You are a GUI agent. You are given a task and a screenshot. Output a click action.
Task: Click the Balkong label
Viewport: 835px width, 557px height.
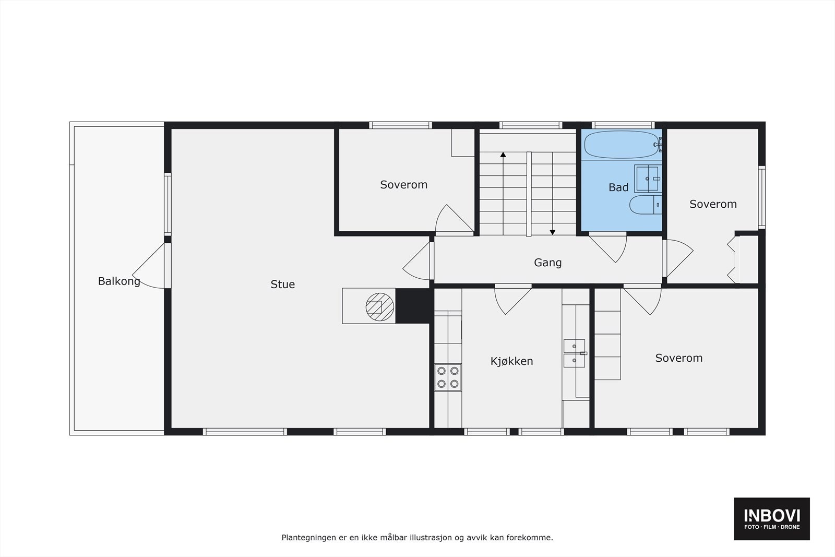tap(119, 281)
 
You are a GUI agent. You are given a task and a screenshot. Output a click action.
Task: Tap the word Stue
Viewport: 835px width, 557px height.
tap(282, 285)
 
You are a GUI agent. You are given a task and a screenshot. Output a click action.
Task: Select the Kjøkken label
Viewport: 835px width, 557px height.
tap(511, 361)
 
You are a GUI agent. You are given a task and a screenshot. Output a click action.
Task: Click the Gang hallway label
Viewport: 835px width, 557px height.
tap(547, 263)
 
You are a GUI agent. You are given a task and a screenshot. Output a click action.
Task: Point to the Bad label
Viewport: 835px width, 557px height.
tap(618, 187)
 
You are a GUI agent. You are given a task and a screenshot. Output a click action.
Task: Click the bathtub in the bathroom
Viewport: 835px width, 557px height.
tap(622, 144)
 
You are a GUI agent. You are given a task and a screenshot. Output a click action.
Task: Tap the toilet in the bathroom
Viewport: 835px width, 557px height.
tap(645, 205)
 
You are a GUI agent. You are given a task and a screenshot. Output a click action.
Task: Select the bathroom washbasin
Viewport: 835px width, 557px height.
tap(648, 179)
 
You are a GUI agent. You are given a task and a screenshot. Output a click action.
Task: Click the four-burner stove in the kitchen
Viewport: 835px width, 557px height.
tap(448, 377)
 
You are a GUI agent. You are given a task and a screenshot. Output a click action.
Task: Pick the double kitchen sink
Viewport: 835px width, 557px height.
tap(574, 353)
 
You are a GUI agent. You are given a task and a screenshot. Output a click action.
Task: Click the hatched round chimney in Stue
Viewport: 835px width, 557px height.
tap(379, 306)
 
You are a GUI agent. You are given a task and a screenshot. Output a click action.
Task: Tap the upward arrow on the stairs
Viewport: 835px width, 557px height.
tap(503, 155)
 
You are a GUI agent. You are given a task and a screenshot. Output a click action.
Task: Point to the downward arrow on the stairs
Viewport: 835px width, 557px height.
tap(552, 232)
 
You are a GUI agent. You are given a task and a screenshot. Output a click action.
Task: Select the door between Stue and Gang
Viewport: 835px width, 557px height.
tap(419, 261)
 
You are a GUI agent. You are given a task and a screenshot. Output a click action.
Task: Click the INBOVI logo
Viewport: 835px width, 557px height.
tap(771, 518)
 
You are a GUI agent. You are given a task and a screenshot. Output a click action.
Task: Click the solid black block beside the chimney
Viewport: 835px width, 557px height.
tap(414, 306)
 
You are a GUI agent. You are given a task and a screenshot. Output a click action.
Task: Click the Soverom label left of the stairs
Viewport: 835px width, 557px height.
tap(403, 185)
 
